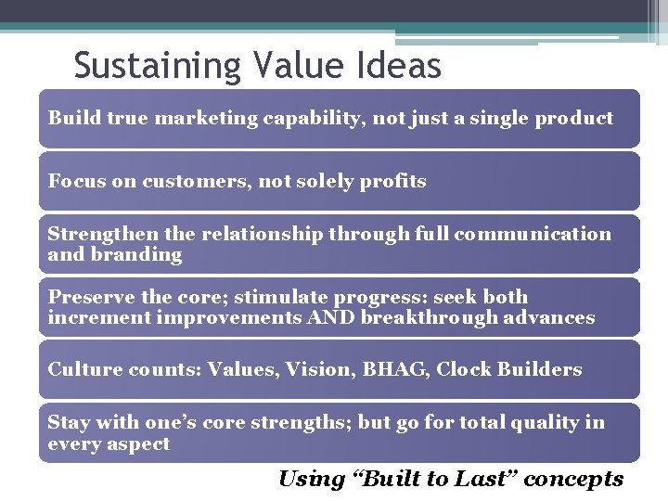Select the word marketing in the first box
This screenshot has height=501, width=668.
point(201,118)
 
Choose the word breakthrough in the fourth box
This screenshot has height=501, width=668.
point(418,317)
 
